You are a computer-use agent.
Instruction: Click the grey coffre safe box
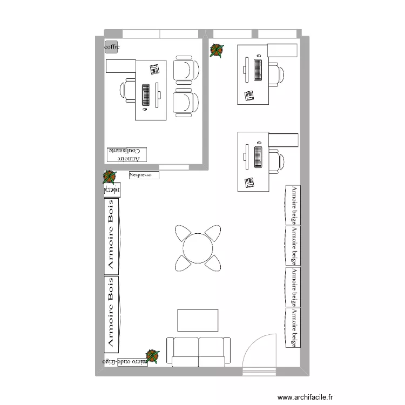[111, 47]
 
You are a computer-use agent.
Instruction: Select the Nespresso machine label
[144, 175]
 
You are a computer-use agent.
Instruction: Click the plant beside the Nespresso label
[110, 177]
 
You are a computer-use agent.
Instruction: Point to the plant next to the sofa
[153, 356]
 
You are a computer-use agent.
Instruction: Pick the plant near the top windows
[217, 50]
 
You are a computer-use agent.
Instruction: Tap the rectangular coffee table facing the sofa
[198, 320]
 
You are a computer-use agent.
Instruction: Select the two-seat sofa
[198, 352]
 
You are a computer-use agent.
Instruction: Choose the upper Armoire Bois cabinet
[112, 235]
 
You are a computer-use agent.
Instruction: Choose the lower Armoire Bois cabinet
[112, 312]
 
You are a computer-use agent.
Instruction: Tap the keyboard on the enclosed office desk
[146, 94]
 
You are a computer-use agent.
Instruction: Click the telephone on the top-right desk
[249, 96]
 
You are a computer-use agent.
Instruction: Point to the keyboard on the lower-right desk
[258, 157]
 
